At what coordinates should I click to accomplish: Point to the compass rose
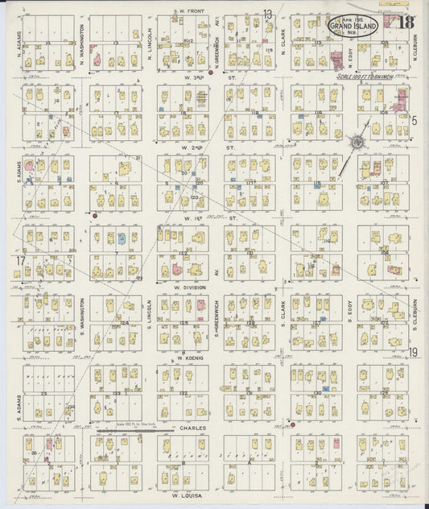(355, 142)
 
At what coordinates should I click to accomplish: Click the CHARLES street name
(193, 428)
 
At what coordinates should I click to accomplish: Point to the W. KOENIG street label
(188, 358)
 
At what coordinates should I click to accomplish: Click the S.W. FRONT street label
(190, 11)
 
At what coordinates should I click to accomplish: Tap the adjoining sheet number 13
(267, 14)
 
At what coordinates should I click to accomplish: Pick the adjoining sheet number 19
(413, 352)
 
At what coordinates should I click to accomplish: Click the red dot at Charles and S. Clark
(293, 424)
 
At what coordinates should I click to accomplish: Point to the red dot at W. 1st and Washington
(94, 216)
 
